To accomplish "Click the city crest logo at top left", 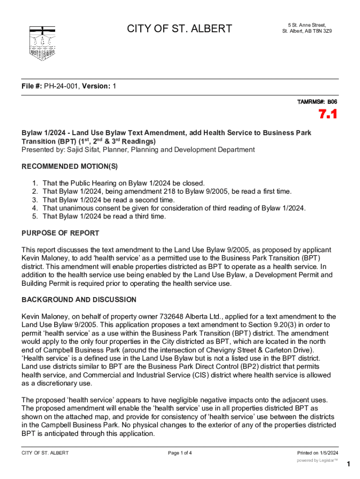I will (42, 43).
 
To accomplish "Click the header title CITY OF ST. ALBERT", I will (180, 29).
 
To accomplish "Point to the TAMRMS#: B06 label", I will (317, 102).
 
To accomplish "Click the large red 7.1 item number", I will (328, 115).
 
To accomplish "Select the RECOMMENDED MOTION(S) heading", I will (70, 167).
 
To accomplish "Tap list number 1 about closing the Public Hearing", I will (35, 183).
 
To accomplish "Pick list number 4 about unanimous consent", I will (35, 208).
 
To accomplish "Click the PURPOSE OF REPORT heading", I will (60, 233).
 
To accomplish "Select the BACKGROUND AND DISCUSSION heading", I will (79, 299).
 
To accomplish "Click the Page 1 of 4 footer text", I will (180, 453).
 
